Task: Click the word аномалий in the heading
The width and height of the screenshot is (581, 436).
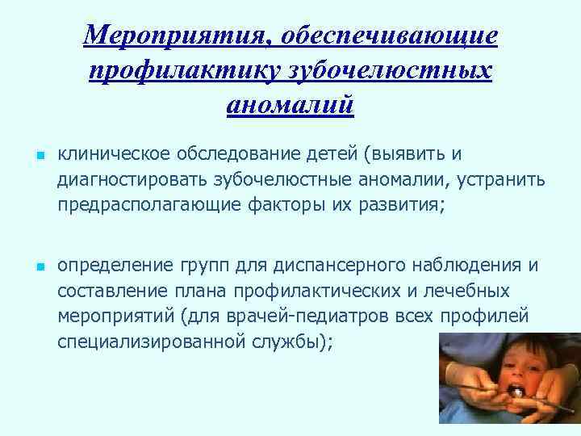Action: tap(290, 105)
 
